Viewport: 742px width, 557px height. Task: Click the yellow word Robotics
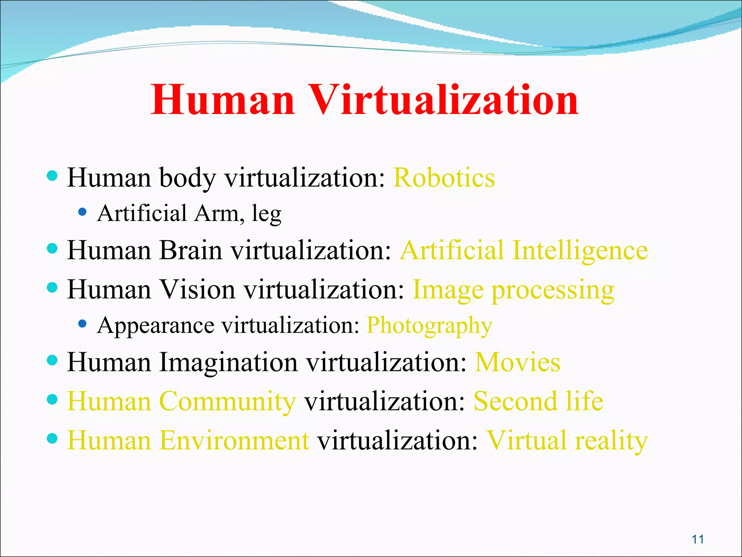pyautogui.click(x=444, y=178)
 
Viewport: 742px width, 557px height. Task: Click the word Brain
pyautogui.click(x=191, y=251)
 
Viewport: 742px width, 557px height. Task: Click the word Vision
pyautogui.click(x=198, y=290)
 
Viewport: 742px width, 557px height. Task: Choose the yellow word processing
pyautogui.click(x=553, y=291)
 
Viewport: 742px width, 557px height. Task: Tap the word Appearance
pyautogui.click(x=156, y=326)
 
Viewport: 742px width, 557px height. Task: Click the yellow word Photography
pyautogui.click(x=429, y=326)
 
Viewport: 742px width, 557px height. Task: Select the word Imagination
pyautogui.click(x=228, y=363)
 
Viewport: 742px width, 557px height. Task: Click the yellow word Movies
pyautogui.click(x=518, y=362)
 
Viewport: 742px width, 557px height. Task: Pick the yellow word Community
pyautogui.click(x=228, y=401)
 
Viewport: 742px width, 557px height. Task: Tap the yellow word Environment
pyautogui.click(x=234, y=441)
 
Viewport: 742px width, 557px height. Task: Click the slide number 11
pyautogui.click(x=698, y=539)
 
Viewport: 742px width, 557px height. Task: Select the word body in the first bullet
pyautogui.click(x=188, y=178)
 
